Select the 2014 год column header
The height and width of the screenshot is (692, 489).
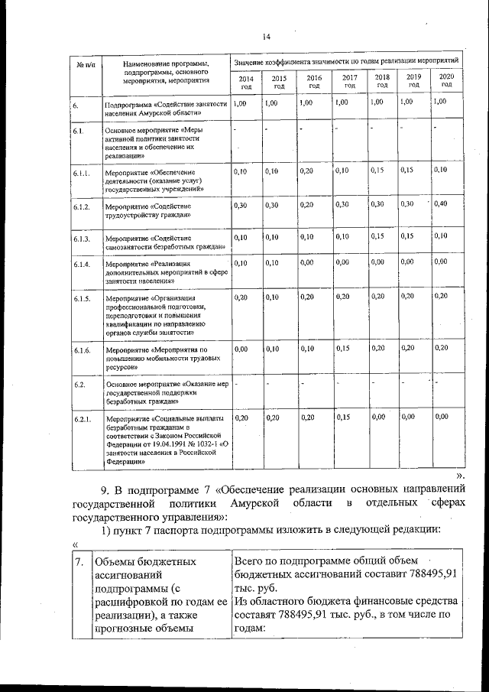click(x=246, y=82)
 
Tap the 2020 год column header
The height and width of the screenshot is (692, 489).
click(x=447, y=80)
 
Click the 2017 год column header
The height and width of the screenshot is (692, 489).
click(x=350, y=81)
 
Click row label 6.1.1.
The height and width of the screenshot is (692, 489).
click(x=83, y=174)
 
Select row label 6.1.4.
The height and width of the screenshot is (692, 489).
click(x=83, y=265)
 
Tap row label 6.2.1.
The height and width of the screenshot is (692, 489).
click(x=83, y=420)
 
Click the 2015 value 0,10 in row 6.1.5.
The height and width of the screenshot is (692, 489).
click(x=273, y=296)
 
